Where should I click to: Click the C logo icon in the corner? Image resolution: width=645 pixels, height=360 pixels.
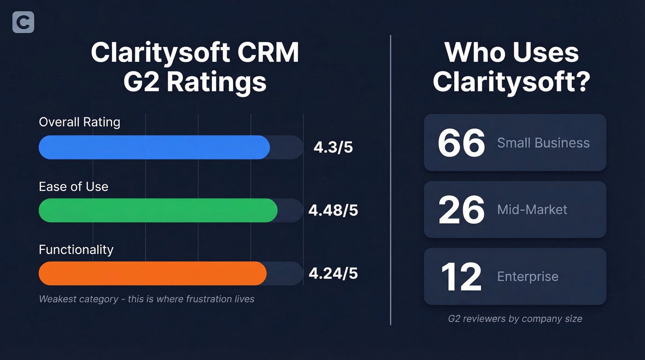point(23,23)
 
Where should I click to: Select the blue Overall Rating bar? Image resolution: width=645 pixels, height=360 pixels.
point(154,148)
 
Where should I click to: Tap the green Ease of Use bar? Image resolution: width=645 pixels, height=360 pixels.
point(158,211)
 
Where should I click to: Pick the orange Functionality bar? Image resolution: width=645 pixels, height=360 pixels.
point(152,273)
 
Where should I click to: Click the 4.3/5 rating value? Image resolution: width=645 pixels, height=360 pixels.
point(333,148)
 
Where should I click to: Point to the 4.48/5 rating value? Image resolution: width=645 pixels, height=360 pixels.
point(333,211)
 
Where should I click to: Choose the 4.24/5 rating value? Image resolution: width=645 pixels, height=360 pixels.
point(333,273)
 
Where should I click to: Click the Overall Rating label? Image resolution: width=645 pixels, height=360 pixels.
point(79,122)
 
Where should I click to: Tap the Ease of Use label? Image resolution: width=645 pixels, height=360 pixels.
point(73,187)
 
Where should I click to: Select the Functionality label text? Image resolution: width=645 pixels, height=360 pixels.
point(76,250)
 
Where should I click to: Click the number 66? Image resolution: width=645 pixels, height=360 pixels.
point(461,143)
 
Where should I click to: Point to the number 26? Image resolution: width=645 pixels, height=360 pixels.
point(461,210)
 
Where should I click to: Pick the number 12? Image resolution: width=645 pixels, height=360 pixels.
point(461,277)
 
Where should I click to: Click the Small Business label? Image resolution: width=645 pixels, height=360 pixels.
point(543,143)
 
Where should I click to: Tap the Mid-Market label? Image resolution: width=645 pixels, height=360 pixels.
point(532,210)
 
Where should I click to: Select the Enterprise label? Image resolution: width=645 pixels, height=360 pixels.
point(528,277)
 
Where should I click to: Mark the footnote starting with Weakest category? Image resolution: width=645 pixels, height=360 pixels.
point(147,299)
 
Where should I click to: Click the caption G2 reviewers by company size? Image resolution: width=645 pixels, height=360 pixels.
point(515,319)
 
